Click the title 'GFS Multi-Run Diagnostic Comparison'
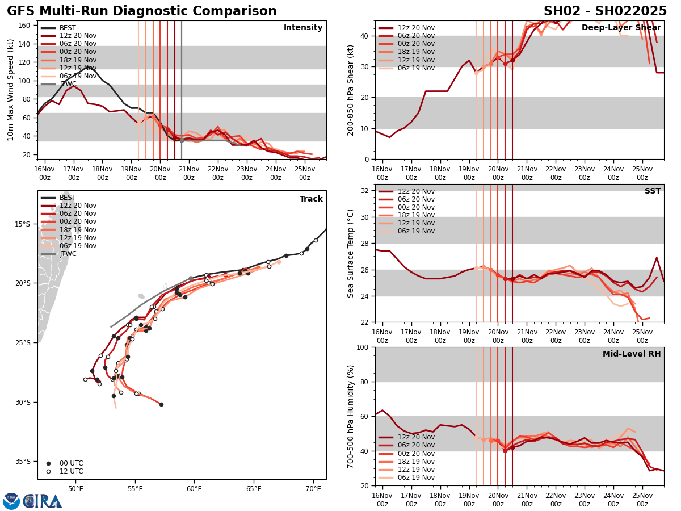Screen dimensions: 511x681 [142, 11]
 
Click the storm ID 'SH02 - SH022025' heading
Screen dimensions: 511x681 [605, 11]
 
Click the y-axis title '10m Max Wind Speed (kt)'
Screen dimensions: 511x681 [11, 90]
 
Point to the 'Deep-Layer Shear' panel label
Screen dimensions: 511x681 [621, 28]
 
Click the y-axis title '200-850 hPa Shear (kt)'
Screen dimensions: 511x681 [351, 90]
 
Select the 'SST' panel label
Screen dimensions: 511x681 [652, 191]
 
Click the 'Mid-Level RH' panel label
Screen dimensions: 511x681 [631, 354]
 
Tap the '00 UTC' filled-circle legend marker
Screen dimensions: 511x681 [48, 463]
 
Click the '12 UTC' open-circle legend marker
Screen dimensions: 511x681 [48, 471]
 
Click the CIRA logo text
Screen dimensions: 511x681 [43, 501]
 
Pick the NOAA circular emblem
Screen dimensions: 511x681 [11, 501]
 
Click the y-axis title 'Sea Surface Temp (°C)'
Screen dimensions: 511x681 [351, 253]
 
